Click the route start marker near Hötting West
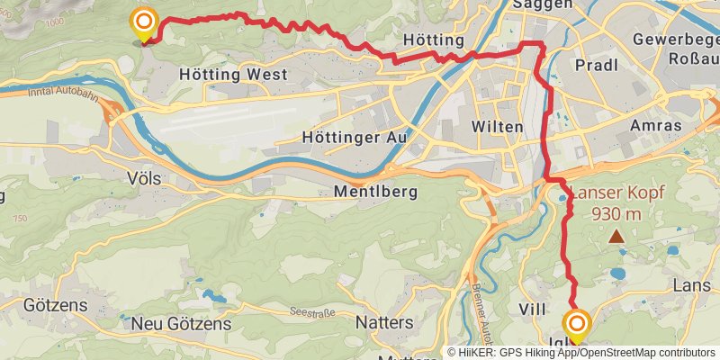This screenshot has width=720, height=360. coord(143,22)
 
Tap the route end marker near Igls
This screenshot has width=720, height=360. coord(576,324)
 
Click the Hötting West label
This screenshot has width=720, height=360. coord(233,75)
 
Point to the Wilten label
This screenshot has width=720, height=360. coord(497,127)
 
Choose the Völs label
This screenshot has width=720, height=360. coord(144,179)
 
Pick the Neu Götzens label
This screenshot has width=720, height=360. coord(181,323)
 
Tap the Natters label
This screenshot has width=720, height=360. coord(384,321)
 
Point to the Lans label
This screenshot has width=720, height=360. coord(692,285)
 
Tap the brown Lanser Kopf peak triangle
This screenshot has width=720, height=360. coord(616,238)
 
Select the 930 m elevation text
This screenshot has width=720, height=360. coord(616,214)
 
